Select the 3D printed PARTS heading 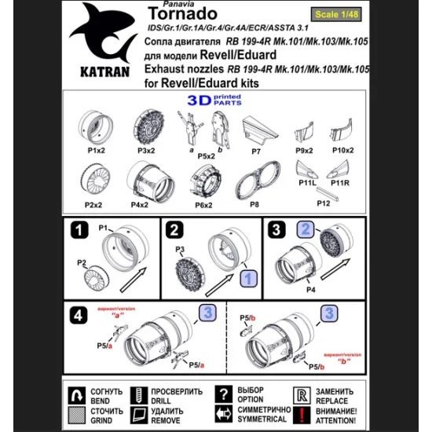click(215, 101)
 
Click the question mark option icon click(225, 394)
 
